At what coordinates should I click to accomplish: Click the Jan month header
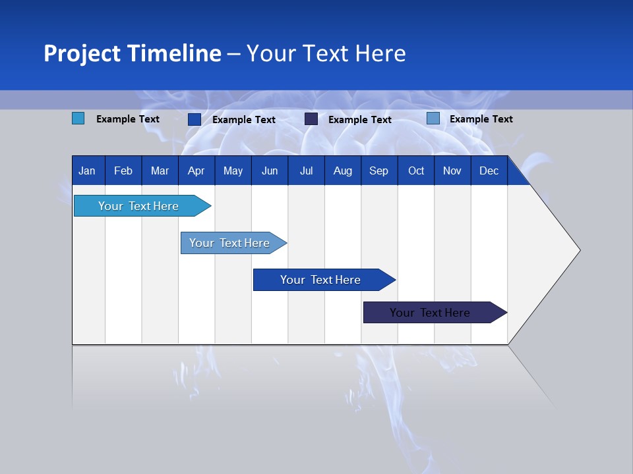pos(87,171)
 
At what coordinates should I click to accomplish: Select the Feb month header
pos(123,171)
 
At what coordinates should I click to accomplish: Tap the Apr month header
pos(196,171)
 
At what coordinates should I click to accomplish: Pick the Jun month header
pos(270,171)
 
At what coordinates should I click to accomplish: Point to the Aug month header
pos(342,171)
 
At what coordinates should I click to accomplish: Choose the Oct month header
pos(416,171)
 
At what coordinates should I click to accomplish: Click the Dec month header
pos(489,171)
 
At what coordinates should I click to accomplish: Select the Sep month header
pos(378,171)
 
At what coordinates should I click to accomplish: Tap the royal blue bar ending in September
pos(321,280)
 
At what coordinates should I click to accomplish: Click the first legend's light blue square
pos(78,118)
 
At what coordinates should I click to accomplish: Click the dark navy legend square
pos(311,119)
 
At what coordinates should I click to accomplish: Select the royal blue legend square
pos(194,119)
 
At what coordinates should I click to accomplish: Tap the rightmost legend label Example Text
pos(481,119)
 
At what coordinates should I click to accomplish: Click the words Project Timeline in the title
pos(132,53)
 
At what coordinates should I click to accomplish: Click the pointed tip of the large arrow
pos(578,250)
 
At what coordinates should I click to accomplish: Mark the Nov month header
pos(452,171)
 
